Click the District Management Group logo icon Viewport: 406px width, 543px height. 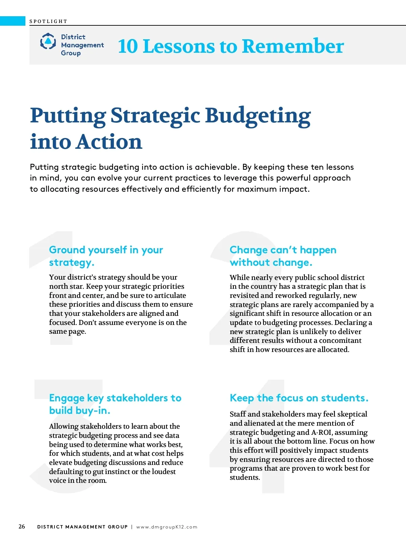(x=48, y=42)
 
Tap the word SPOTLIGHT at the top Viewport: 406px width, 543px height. (x=48, y=21)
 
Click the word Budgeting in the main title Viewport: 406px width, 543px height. (x=258, y=116)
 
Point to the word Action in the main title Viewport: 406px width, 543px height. (x=109, y=142)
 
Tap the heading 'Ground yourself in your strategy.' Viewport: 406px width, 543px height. (x=106, y=256)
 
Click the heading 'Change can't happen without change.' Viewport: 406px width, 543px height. (x=283, y=256)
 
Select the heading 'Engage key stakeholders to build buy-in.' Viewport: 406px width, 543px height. (x=115, y=404)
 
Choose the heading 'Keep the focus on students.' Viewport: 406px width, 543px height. (x=299, y=398)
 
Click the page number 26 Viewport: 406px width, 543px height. (x=22, y=526)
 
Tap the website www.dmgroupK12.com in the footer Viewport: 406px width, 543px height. (x=166, y=527)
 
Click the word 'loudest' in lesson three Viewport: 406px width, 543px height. (x=164, y=472)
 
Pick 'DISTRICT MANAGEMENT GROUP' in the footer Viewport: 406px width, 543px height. (x=82, y=527)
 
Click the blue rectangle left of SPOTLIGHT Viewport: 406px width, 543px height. (x=13, y=21)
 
